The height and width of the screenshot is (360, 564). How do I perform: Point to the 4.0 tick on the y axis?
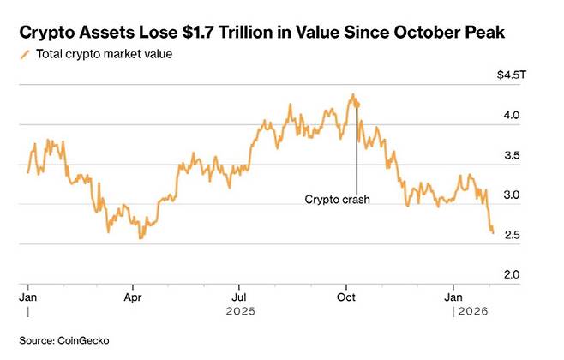[513, 115]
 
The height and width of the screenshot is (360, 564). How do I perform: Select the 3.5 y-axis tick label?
[513, 155]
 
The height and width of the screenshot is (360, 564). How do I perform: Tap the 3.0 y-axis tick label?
[513, 195]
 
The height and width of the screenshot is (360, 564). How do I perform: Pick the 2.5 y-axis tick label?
[513, 235]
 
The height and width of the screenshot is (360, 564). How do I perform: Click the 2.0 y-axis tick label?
[513, 274]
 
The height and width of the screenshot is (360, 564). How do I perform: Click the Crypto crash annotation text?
[337, 200]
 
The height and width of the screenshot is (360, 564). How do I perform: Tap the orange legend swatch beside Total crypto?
[24, 55]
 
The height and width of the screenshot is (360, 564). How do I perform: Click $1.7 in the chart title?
[213, 33]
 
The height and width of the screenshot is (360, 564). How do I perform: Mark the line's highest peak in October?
[352, 95]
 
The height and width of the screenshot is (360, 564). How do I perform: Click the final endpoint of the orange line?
[493, 232]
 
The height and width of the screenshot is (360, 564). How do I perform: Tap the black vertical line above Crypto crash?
[357, 150]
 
